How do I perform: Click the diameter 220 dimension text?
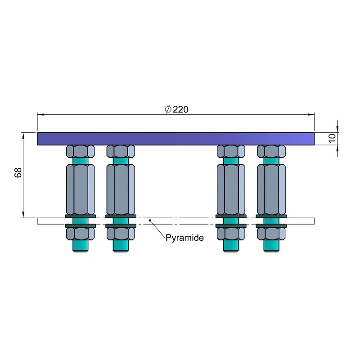pos(176,109)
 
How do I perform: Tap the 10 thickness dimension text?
pos(332,138)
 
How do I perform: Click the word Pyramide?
pos(184,238)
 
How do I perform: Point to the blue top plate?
pos(175,139)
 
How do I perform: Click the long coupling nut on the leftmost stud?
pos(81,189)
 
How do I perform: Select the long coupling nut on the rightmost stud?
pos(271,189)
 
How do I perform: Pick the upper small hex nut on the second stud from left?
pos(121,151)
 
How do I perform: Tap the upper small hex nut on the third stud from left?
pos(231,151)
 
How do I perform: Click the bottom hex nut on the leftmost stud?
pos(81,233)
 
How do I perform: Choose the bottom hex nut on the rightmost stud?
pos(271,233)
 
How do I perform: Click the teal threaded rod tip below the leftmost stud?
pos(81,246)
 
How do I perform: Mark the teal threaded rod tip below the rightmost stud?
pos(271,246)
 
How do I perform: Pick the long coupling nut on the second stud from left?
pos(121,189)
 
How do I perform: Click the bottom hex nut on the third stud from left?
pos(231,233)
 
